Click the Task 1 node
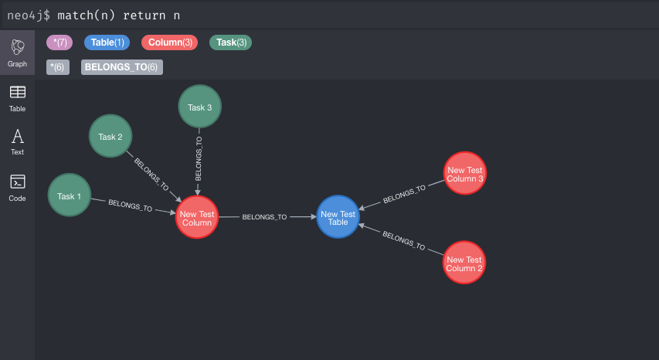coord(70,195)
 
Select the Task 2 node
coord(110,137)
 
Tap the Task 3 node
coord(199,107)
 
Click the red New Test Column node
coord(197,218)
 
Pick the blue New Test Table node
coord(338,218)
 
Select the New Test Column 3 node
coord(464,174)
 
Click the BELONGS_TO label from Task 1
coord(130,205)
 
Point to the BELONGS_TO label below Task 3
coord(199,159)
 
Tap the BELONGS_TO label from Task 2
coord(151,175)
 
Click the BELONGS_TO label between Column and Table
coord(264,218)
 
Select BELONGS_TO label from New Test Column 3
coord(404,194)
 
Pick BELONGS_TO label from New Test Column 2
coord(403,241)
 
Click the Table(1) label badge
coord(107,42)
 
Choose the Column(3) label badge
coord(170,42)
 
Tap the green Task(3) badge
coord(231,42)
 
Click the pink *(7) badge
coord(59,42)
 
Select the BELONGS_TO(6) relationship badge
coord(121,67)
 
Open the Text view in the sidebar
coord(17,142)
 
